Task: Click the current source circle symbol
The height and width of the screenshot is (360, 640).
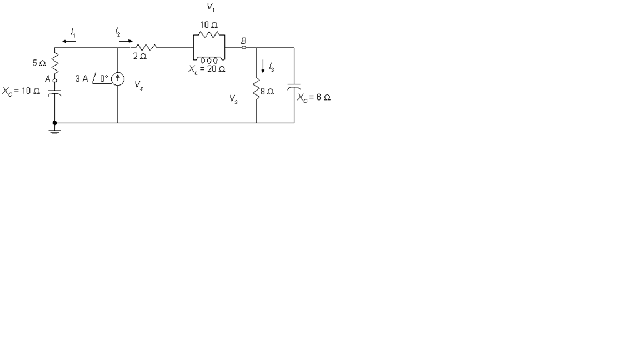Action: click(x=118, y=79)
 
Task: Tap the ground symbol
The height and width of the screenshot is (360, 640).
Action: click(x=54, y=131)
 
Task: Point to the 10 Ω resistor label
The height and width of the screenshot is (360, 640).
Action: click(x=209, y=26)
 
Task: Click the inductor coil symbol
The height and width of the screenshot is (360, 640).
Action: click(x=209, y=59)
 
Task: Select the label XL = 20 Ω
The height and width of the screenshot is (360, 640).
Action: click(x=206, y=69)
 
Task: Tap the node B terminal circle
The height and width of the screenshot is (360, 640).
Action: click(x=243, y=48)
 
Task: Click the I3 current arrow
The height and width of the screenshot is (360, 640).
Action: click(x=263, y=66)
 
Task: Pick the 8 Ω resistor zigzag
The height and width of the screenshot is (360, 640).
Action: click(x=257, y=89)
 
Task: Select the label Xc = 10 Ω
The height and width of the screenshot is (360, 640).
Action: click(x=21, y=91)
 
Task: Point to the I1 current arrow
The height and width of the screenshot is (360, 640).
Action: click(x=69, y=41)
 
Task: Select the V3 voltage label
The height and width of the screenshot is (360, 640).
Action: click(x=234, y=99)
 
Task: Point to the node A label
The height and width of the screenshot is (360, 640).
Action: click(x=48, y=78)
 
